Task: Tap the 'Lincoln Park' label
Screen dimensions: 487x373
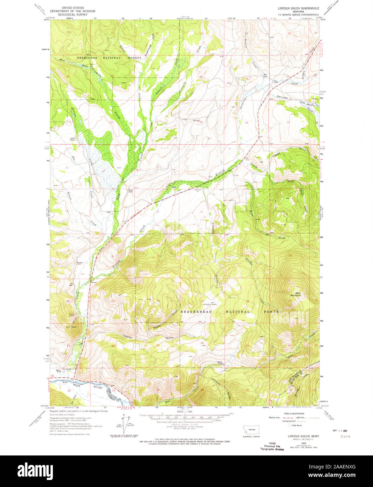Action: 209,304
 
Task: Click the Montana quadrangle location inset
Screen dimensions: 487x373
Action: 250,430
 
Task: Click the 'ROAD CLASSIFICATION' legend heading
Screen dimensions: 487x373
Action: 294,413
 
